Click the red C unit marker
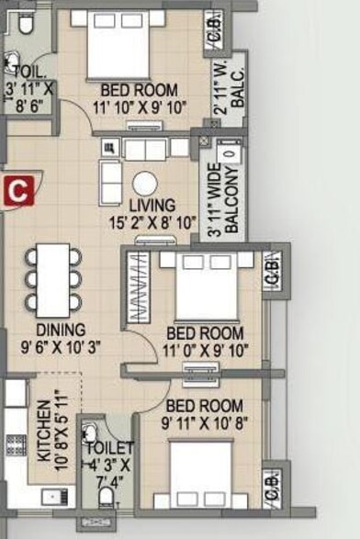point(19,191)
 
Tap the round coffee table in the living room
point(145,185)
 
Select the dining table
point(53,280)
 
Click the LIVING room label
point(152,205)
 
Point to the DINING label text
point(61,330)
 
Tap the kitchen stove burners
point(17,445)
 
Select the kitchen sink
point(55,497)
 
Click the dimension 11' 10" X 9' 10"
point(140,107)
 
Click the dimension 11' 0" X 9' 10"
point(206,351)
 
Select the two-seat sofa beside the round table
point(110,183)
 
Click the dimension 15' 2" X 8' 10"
point(152,223)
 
